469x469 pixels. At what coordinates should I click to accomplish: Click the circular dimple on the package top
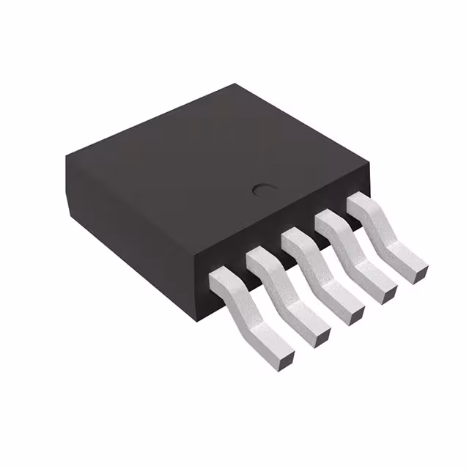262,190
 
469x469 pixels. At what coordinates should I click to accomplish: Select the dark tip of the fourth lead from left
388,294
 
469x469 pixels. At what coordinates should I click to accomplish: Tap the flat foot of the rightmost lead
407,261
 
